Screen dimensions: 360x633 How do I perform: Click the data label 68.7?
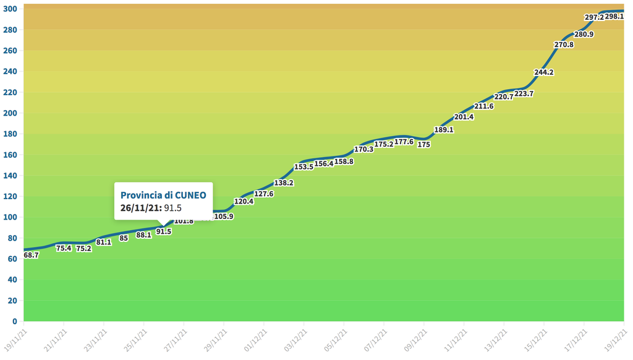tap(32, 255)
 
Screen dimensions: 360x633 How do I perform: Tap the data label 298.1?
tap(614, 17)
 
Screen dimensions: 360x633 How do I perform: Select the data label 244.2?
tap(544, 72)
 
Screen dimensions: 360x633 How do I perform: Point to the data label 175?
tap(423, 145)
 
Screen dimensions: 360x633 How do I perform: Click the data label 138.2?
tap(284, 183)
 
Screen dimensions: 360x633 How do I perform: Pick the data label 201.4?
tap(464, 117)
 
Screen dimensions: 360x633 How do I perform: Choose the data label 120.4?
tap(244, 202)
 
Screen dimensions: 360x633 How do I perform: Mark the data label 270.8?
tap(564, 45)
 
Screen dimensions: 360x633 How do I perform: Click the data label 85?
tap(124, 238)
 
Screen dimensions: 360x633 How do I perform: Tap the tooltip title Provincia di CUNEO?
tap(163, 195)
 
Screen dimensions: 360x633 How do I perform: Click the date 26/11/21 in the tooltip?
tap(141, 208)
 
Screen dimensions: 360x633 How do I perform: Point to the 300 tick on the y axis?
tap(11, 9)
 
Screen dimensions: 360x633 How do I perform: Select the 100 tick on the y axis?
tap(11, 217)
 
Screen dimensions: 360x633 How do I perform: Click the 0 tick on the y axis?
tap(15, 322)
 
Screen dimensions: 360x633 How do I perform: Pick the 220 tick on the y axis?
tap(11, 92)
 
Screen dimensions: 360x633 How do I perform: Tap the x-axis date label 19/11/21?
tap(15, 340)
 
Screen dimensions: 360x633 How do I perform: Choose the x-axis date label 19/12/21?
tap(616, 340)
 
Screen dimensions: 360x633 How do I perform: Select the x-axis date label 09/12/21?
tap(415, 340)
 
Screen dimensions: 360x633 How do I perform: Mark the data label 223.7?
tap(524, 94)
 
